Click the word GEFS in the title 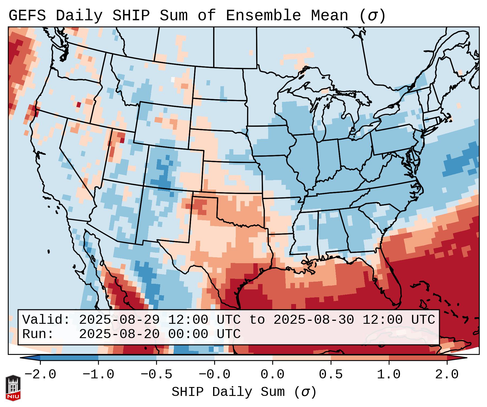[x=27, y=16]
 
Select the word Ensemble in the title [x=263, y=16]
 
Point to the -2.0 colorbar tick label [x=40, y=375]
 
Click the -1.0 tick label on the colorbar [x=98, y=375]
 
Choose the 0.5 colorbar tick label [x=331, y=375]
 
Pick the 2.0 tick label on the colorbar [x=447, y=375]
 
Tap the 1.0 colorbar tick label [x=389, y=375]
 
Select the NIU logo [x=13, y=388]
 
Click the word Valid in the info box [x=46, y=320]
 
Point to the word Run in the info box [x=38, y=334]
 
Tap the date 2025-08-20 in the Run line [x=119, y=334]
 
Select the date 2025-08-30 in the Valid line [x=314, y=320]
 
